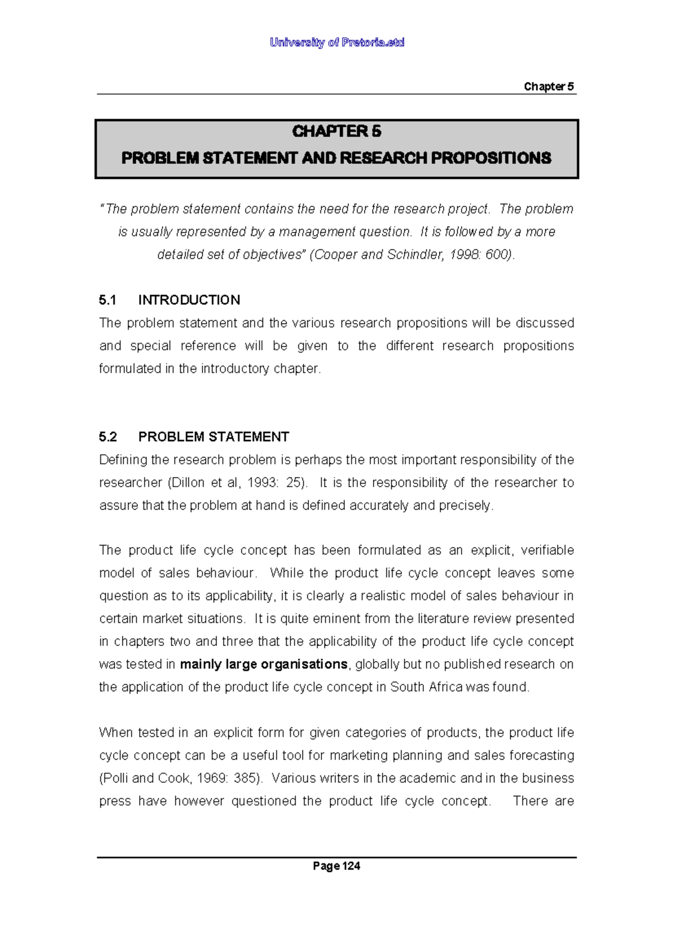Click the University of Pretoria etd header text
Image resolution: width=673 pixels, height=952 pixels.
(336, 43)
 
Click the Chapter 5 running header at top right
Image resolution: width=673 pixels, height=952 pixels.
(548, 86)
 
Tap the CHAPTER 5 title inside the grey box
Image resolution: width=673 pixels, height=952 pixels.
(336, 131)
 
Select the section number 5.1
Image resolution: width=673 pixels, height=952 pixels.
(107, 300)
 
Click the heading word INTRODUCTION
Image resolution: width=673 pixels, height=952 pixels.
(189, 300)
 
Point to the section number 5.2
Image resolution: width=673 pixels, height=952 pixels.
(107, 437)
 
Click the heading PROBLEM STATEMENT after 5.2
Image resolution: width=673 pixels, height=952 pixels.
(214, 437)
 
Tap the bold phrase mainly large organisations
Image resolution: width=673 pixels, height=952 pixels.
(264, 664)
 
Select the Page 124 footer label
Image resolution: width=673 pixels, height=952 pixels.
(336, 866)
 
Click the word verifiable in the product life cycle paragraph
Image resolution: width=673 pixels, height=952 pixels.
(547, 551)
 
